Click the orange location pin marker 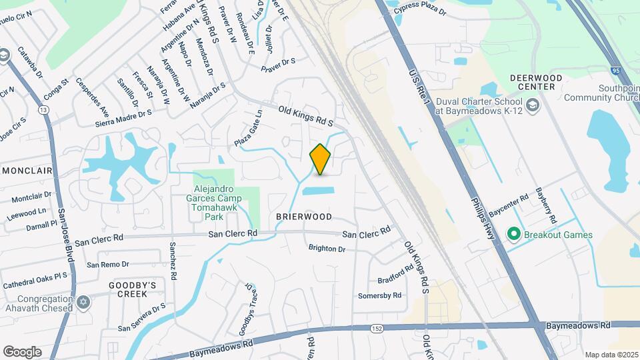pyautogui.click(x=321, y=159)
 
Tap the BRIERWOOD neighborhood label pyautogui.click(x=304, y=217)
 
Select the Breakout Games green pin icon pyautogui.click(x=513, y=234)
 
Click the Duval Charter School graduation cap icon pyautogui.click(x=532, y=105)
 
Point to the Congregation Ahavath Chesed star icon pyautogui.click(x=83, y=303)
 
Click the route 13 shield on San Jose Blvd pyautogui.click(x=43, y=109)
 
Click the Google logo pyautogui.click(x=22, y=351)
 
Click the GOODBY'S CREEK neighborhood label pyautogui.click(x=132, y=289)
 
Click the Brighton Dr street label pyautogui.click(x=327, y=249)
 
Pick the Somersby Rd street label pyautogui.click(x=379, y=295)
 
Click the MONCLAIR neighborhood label pyautogui.click(x=27, y=171)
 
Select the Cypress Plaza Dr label pyautogui.click(x=420, y=8)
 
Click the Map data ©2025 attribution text pyautogui.click(x=611, y=355)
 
